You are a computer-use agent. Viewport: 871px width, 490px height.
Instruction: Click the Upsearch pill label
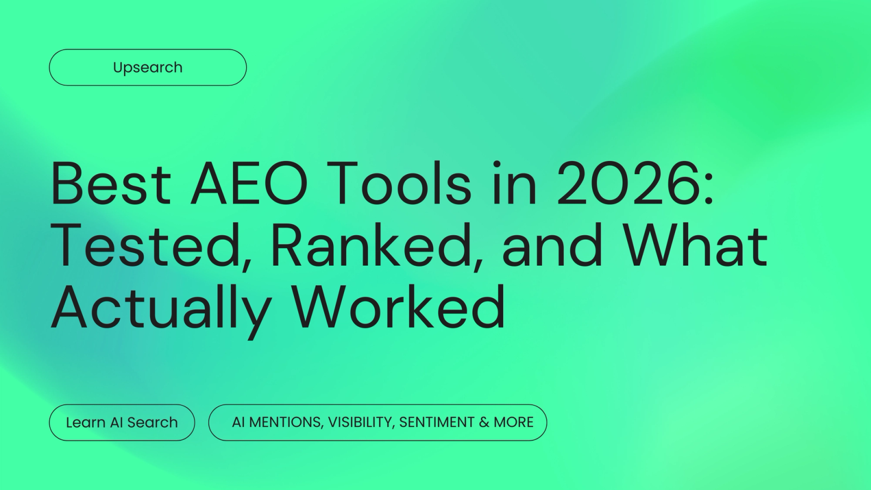coord(148,68)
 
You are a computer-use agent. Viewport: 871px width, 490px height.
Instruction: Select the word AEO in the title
coord(249,183)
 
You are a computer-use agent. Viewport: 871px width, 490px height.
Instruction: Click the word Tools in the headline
coord(399,183)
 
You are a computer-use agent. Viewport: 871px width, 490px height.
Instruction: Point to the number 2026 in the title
coord(628,183)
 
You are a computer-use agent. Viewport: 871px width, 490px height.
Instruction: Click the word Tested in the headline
coord(146,246)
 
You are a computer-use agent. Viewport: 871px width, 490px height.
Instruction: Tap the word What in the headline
coord(695,246)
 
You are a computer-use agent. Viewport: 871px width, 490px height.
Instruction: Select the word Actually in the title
coord(161,308)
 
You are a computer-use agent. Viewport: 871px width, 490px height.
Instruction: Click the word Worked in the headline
coord(398,308)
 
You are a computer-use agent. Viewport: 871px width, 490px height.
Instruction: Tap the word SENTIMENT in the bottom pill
coord(437,422)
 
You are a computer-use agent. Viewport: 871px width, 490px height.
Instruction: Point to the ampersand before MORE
coord(484,422)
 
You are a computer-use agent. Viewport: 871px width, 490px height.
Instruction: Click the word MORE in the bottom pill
coord(513,422)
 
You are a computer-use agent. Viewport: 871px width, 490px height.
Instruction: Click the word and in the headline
coord(552,246)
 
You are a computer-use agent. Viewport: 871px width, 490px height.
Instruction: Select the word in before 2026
coord(514,183)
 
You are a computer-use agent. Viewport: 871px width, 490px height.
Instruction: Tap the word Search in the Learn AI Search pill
coord(152,422)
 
